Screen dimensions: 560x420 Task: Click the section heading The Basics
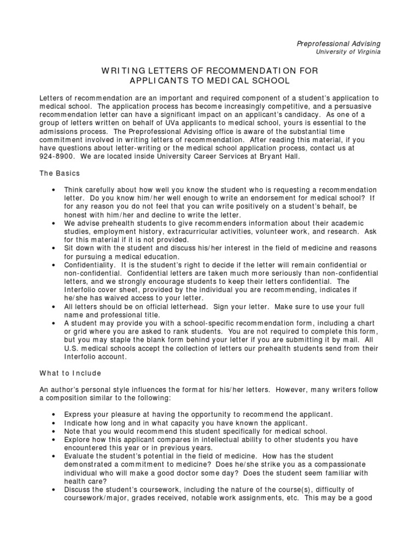click(x=60, y=173)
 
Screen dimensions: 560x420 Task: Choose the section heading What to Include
click(x=70, y=374)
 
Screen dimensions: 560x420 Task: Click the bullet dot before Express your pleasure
click(x=52, y=414)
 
